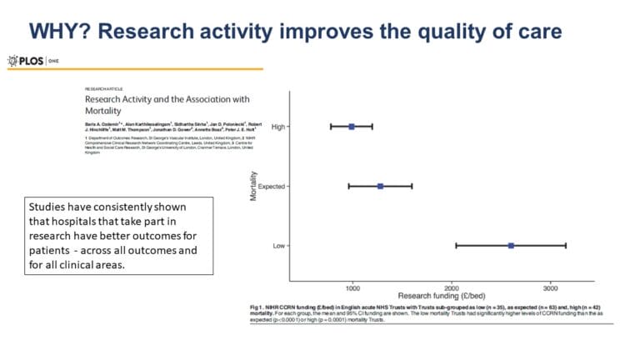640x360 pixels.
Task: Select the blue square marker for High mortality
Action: pos(352,127)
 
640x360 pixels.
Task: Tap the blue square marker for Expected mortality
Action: pos(380,186)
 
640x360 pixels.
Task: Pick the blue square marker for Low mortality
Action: pos(511,245)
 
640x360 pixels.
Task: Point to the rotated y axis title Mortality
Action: pos(251,186)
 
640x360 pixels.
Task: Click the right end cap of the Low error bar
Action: pos(567,245)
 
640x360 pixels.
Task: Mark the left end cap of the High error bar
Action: pos(331,127)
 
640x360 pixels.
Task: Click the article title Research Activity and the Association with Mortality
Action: pos(167,103)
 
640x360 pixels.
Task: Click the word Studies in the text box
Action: pos(49,207)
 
